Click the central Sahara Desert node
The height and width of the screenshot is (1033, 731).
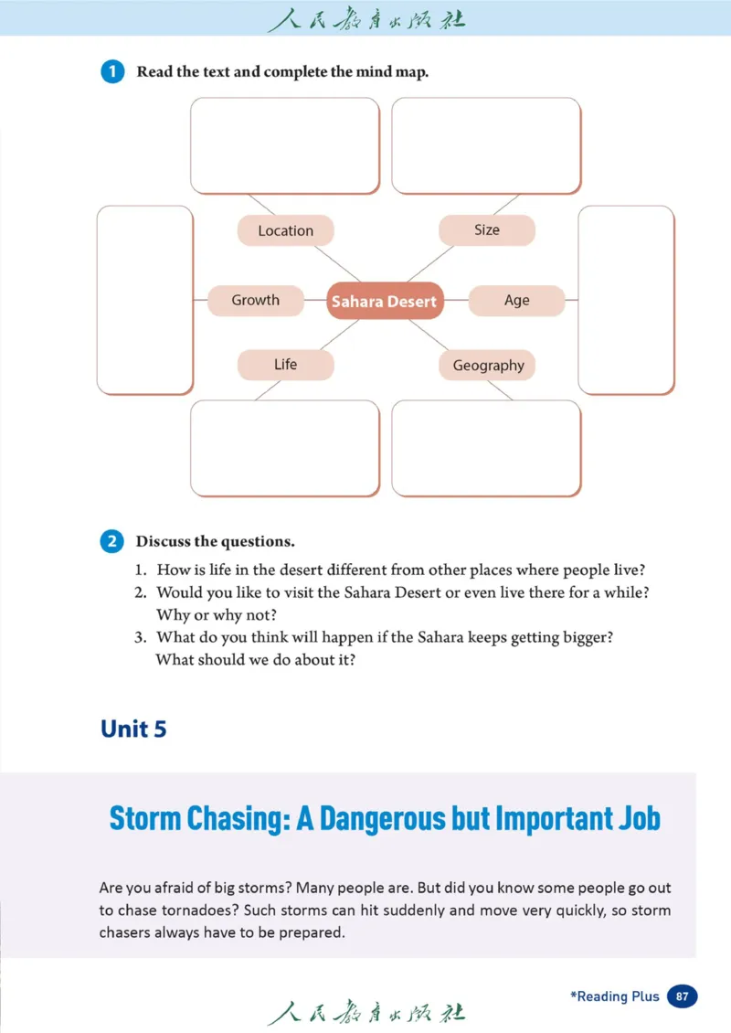click(385, 301)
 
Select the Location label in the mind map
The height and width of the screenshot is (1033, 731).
click(285, 231)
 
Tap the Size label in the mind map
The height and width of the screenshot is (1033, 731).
click(487, 230)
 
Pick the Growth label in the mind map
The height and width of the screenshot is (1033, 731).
click(255, 300)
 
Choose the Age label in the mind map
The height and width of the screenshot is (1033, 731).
click(516, 301)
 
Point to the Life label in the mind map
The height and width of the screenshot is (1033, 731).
click(285, 365)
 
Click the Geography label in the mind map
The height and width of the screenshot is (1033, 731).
click(488, 366)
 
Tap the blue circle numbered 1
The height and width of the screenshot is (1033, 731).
click(112, 72)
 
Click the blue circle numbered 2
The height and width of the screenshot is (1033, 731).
click(112, 541)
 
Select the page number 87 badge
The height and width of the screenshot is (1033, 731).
click(683, 996)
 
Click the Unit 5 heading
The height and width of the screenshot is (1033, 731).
click(133, 729)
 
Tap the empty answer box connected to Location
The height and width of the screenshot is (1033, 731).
click(284, 146)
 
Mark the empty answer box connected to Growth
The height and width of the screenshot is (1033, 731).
click(145, 300)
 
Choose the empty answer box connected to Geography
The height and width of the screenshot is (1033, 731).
click(486, 449)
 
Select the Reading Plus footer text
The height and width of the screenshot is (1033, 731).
click(615, 996)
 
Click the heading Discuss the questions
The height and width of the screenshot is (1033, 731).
click(216, 541)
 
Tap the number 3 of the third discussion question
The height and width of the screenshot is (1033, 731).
click(142, 637)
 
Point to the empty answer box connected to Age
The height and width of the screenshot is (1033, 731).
click(626, 300)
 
